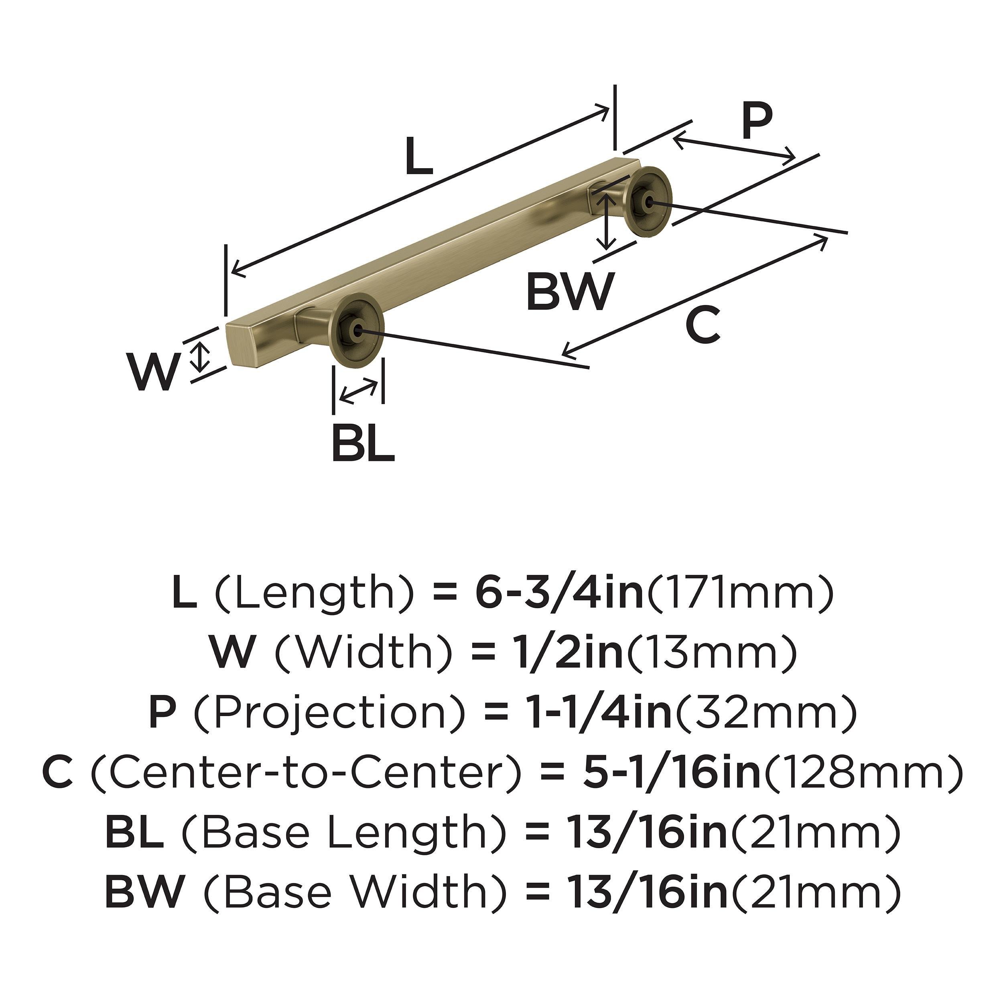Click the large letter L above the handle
click(418, 156)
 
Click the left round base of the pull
click(357, 330)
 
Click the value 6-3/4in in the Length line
click(559, 595)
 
